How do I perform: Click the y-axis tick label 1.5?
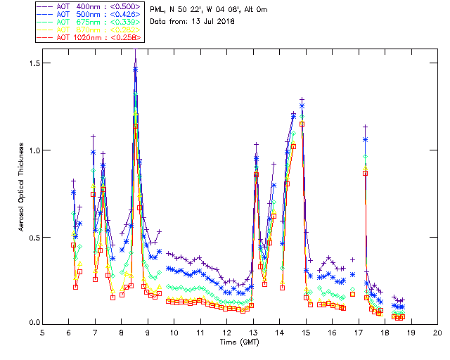tap(32, 63)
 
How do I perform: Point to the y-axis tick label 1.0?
tap(32, 150)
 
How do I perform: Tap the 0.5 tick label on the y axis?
tap(32, 238)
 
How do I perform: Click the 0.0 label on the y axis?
tap(32, 324)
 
